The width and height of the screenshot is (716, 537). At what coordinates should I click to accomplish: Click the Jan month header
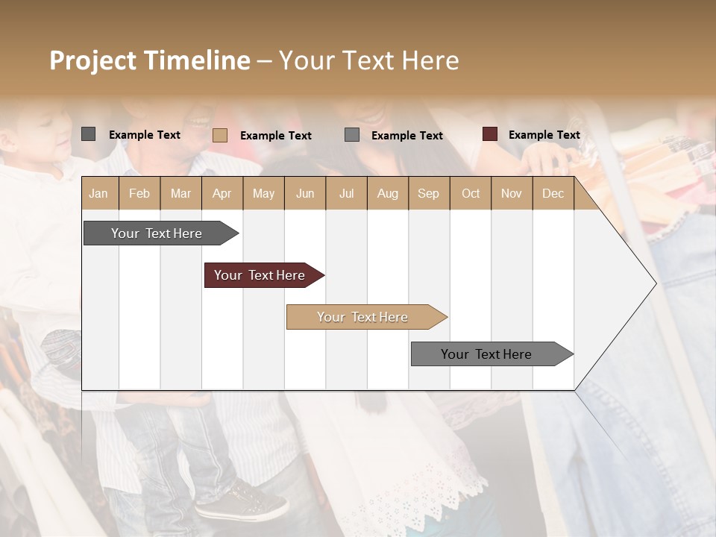click(x=98, y=193)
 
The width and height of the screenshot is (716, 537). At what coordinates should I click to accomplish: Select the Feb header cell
click(x=139, y=193)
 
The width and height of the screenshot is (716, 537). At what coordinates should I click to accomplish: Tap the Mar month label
click(x=180, y=193)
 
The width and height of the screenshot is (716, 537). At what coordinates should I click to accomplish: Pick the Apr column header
click(x=222, y=193)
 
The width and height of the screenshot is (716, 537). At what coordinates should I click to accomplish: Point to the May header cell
click(x=263, y=193)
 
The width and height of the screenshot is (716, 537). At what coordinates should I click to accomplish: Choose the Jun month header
click(x=305, y=193)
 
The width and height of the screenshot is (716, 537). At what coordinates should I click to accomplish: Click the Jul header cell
click(x=346, y=193)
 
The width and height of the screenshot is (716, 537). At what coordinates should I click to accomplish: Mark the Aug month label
click(x=387, y=193)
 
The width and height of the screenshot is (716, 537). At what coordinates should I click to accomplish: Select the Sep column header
click(x=428, y=193)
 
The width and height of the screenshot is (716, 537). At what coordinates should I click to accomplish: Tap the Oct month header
click(x=471, y=193)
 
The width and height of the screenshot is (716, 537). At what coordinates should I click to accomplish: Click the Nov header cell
click(x=511, y=193)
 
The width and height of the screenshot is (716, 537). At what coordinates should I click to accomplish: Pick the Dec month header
click(x=553, y=193)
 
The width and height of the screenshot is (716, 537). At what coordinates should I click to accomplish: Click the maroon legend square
click(x=489, y=134)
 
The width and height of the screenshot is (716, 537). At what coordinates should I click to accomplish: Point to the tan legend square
click(x=220, y=135)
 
